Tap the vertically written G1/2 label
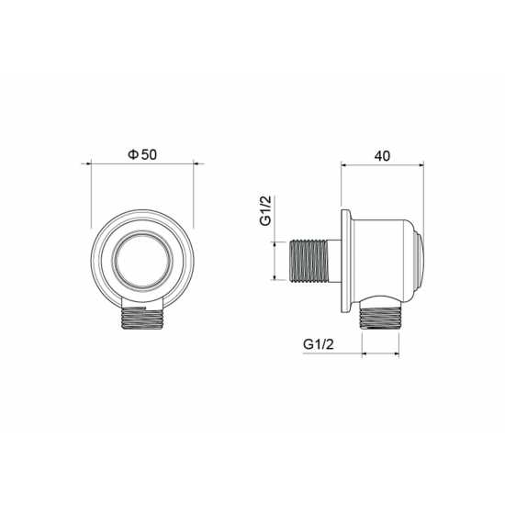coord(264,212)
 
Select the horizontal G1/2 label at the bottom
coord(317,344)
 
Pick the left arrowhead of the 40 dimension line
coord(344,166)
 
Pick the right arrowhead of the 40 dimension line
coord(424,166)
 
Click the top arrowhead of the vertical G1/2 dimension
coord(275,242)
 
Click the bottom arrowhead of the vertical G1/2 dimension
coord(275,281)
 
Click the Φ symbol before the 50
coord(131,155)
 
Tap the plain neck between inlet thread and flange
coord(335,261)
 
